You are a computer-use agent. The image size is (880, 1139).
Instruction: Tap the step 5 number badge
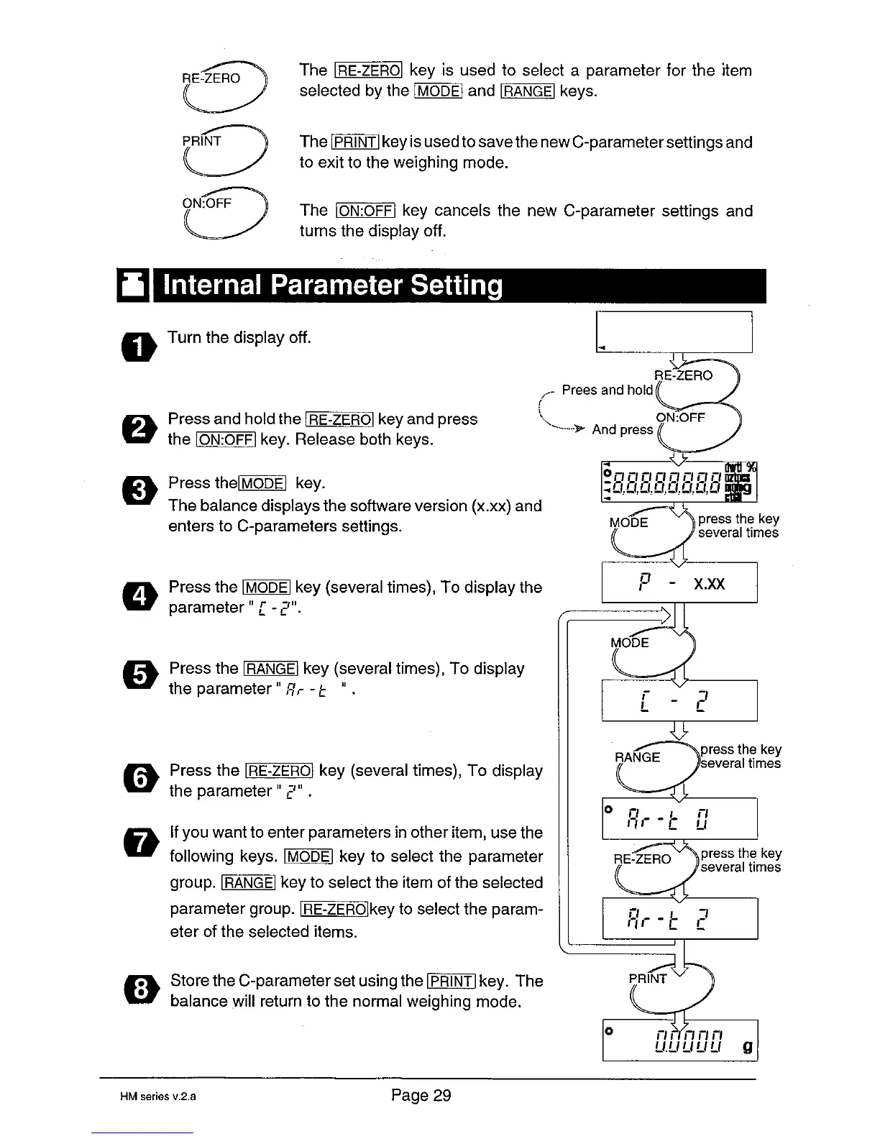141,677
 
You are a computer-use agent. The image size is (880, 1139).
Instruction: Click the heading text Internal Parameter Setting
333,286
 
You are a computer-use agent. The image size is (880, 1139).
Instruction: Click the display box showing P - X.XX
679,582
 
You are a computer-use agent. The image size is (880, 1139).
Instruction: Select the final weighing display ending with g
679,1040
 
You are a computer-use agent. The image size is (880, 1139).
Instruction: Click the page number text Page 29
421,1095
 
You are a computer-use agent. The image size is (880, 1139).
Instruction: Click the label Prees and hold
607,390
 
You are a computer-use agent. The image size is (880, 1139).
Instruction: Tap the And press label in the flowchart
622,430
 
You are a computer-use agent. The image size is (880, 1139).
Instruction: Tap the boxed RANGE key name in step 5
270,669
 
